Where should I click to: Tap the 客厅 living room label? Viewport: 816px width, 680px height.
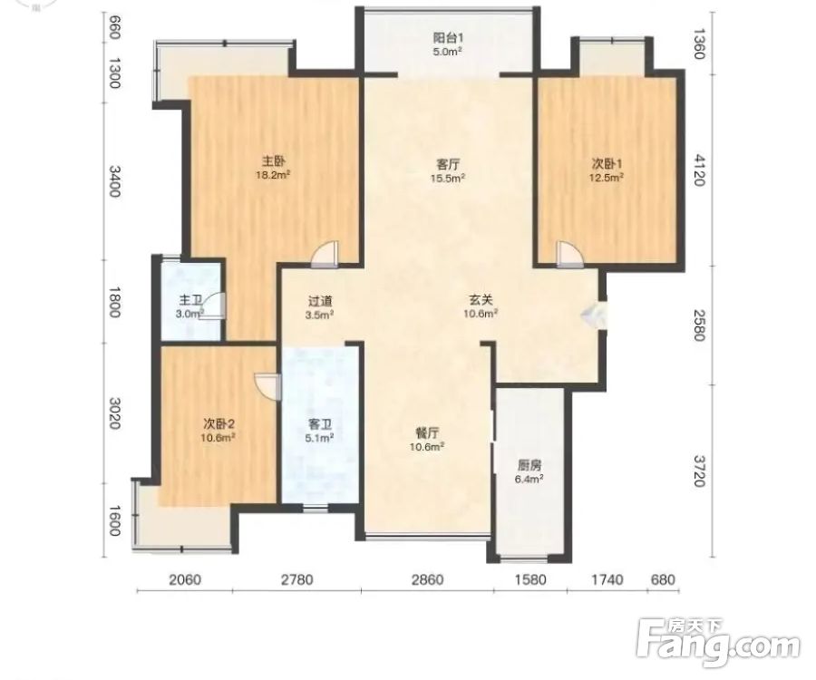[x=448, y=164]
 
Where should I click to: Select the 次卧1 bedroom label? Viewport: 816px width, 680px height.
[x=607, y=164]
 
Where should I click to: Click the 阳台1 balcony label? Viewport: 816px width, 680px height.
[x=448, y=38]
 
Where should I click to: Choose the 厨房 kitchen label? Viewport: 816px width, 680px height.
[x=529, y=465]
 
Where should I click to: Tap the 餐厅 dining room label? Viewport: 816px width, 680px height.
[x=427, y=432]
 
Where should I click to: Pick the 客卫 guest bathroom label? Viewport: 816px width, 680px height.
[x=320, y=424]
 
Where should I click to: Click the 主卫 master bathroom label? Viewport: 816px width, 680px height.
[x=190, y=301]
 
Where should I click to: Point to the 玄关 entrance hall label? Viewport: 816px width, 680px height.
[x=481, y=300]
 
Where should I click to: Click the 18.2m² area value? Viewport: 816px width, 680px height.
[x=273, y=175]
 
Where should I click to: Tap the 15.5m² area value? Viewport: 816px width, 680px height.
[x=448, y=178]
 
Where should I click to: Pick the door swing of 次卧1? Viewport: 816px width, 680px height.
[x=569, y=255]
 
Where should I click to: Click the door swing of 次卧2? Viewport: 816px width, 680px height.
[x=267, y=387]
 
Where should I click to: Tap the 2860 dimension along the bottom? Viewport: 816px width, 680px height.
[x=427, y=579]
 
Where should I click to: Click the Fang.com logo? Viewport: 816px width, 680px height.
[x=719, y=644]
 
